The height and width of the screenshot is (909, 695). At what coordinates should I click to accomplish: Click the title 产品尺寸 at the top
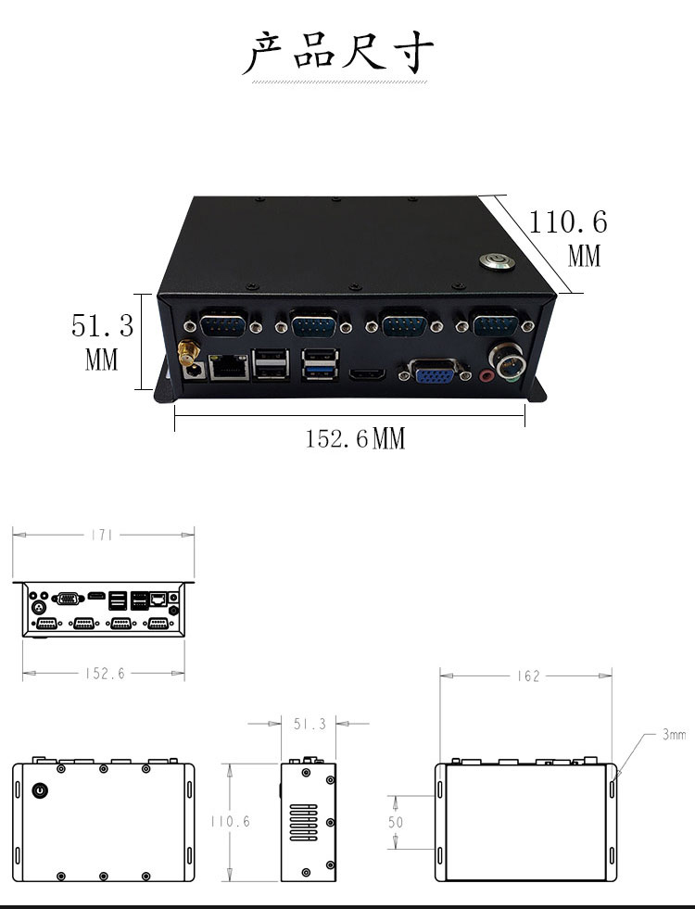coord(338,53)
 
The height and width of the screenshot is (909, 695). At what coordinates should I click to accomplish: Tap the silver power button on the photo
coord(493,259)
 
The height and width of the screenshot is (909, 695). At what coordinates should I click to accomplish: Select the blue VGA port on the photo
coord(434,375)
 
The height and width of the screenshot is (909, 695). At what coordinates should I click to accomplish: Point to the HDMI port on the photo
coord(367,375)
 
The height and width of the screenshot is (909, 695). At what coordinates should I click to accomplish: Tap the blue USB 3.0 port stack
coord(318,365)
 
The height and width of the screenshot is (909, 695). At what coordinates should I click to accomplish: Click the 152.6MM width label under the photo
coord(356,438)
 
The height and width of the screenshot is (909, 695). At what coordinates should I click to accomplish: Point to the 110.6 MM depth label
coord(568,237)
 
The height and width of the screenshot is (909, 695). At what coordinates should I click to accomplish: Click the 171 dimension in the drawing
coord(103,535)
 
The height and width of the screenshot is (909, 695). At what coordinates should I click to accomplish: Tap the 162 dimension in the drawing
coord(527,676)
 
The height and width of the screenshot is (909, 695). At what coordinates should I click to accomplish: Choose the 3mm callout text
coord(674,735)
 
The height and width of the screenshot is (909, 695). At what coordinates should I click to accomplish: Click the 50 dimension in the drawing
coord(397,822)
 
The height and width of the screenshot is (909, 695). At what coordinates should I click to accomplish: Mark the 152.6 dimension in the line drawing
coord(104,674)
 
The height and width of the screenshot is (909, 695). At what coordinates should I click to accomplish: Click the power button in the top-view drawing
coord(40,790)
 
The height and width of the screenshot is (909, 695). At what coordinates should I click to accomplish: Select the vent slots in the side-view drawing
coord(299,818)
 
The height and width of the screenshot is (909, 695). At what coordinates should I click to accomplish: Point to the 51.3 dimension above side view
coord(310,724)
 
